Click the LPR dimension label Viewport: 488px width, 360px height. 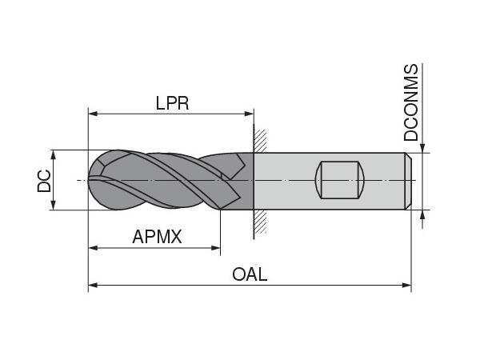click(x=172, y=102)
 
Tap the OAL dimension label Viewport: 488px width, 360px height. click(x=250, y=274)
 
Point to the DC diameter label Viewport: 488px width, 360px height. click(x=44, y=181)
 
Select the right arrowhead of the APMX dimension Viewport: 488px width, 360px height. click(x=215, y=248)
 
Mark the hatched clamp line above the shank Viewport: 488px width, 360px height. click(x=257, y=139)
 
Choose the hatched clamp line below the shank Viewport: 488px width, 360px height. click(x=257, y=224)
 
